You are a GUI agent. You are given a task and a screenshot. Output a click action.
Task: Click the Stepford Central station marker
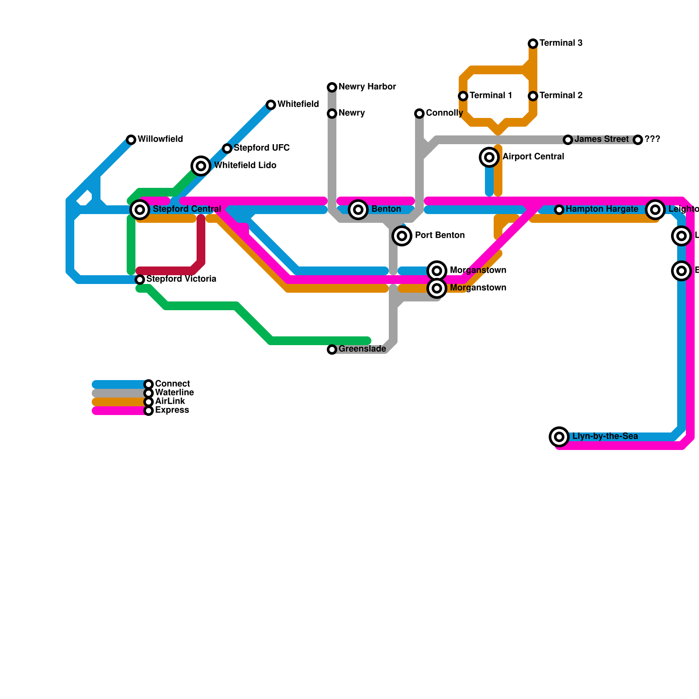coord(140,210)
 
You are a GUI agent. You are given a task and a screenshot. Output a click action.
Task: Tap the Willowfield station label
coord(160,139)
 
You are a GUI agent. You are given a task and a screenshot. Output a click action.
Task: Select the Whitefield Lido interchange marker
coord(201,166)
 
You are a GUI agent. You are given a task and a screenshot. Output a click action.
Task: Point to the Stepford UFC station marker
coord(227,149)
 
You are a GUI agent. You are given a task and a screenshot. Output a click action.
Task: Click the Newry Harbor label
coord(367,87)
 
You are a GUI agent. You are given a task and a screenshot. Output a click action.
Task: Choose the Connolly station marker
coord(419,114)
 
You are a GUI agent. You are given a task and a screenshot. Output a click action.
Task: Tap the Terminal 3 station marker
coord(533,44)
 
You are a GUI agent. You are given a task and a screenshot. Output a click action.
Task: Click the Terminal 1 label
coord(491,96)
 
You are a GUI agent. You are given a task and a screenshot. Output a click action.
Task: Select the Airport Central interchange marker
coord(489,157)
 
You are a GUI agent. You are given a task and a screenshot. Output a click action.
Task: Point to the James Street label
coord(601,139)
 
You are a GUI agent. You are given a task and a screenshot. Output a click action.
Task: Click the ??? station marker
coord(638,140)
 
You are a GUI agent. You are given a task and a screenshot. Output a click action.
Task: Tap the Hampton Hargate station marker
coord(559,210)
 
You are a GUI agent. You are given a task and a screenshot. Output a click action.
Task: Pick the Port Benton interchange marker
coord(402,236)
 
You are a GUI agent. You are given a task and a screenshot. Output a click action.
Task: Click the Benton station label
coord(386,209)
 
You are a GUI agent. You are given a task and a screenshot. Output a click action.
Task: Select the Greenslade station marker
coord(332,349)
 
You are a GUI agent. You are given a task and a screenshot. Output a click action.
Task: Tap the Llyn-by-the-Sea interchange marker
coord(559,437)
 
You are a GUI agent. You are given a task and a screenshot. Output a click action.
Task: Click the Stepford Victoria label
coord(181,279)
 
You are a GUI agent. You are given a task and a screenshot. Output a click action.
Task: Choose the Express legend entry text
coord(172,410)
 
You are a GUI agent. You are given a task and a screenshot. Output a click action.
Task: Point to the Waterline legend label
coord(174,393)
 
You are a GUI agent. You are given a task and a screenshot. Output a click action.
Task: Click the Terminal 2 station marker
coord(533,96)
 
